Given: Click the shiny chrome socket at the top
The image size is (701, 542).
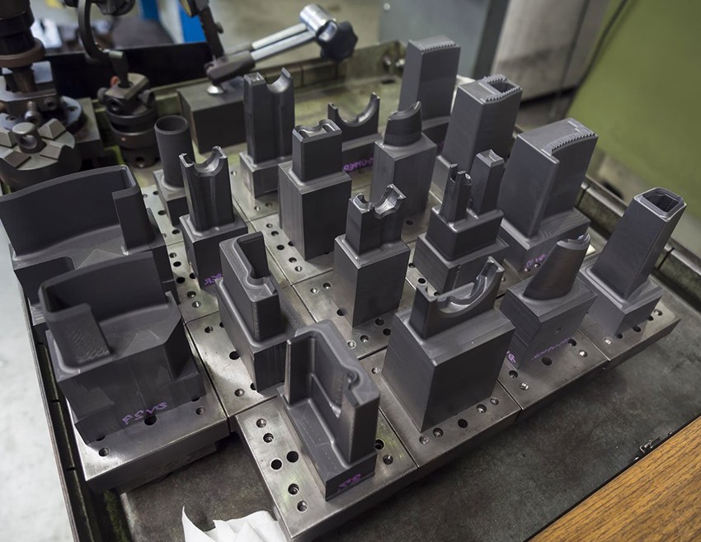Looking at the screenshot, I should click(x=314, y=18).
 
